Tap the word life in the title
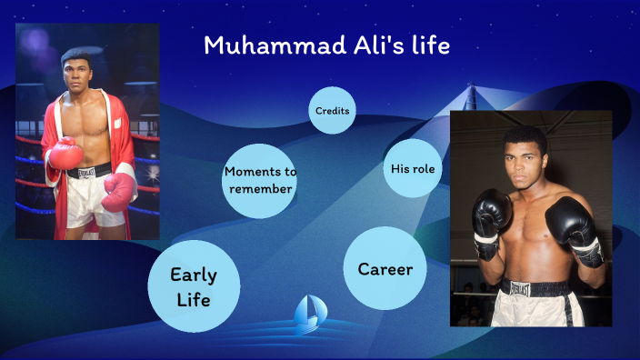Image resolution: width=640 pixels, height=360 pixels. coord(429,45)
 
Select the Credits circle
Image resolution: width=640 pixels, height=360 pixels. coord(332,111)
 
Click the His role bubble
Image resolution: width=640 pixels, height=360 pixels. coord(413,168)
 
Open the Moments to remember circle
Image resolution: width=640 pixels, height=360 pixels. coord(260,180)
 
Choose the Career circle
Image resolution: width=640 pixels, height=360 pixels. coord(385,269)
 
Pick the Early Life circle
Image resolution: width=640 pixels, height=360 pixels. coord(194,286)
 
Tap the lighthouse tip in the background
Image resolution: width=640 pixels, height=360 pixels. coord(471,91)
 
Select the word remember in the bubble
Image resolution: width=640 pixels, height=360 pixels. coord(260,189)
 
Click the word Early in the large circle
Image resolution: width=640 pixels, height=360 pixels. coord(194,275)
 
